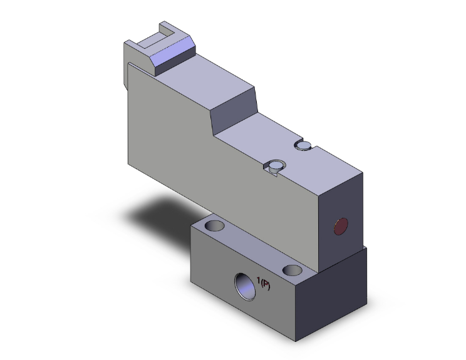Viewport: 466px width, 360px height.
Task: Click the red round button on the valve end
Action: point(341,226)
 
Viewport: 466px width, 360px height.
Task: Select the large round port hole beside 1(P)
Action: point(242,285)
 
